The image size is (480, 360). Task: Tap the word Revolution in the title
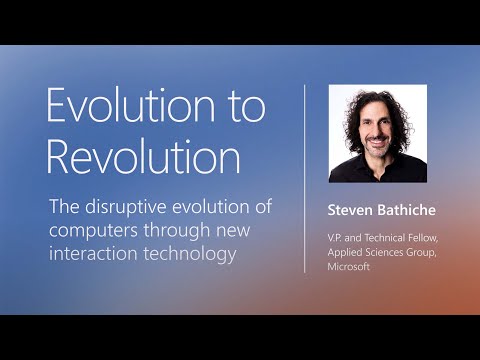click(x=144, y=157)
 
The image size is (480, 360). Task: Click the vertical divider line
click(x=304, y=179)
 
